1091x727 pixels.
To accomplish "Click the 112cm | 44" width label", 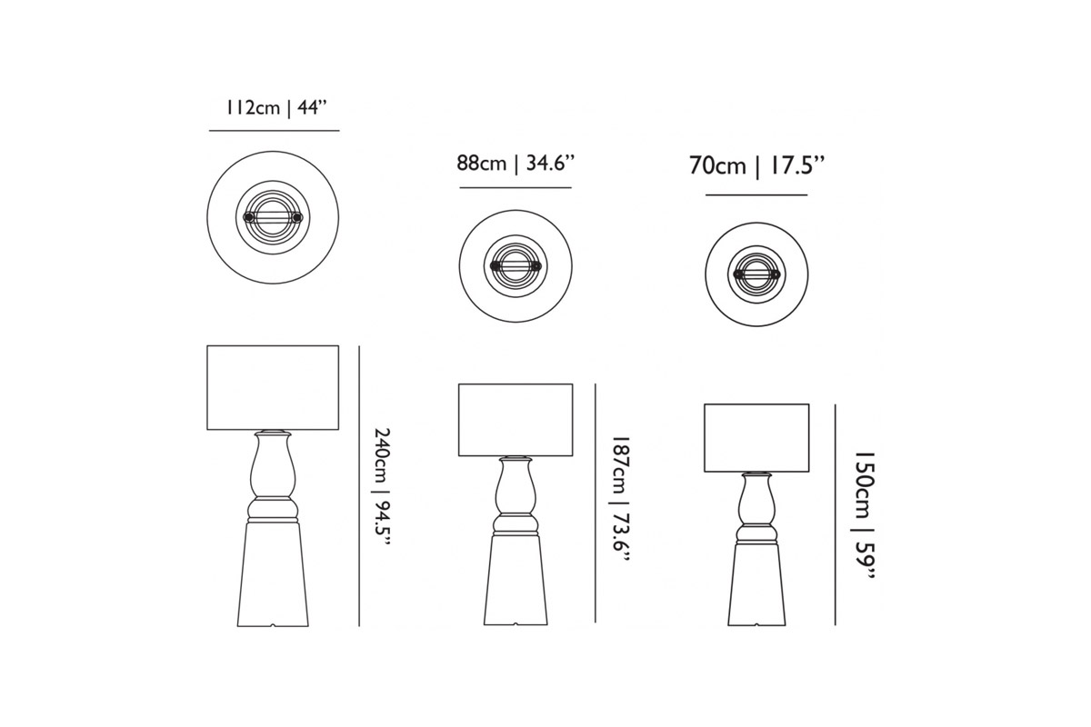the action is coord(275,107).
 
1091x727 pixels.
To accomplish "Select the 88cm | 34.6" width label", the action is coord(515,164).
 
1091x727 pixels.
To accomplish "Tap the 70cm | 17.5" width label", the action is coord(756,166).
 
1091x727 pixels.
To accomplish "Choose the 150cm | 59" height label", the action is coord(865,514).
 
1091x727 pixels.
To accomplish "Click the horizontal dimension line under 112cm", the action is coord(275,131).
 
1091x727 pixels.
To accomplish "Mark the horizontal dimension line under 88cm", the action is coord(515,187).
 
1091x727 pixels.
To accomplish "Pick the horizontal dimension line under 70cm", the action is coord(756,195).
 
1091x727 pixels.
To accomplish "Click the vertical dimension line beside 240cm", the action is coord(359,486).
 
